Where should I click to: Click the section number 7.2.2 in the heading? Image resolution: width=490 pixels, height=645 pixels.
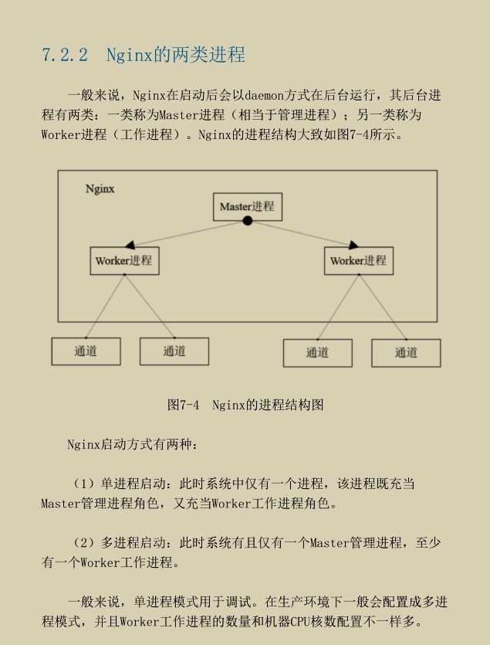coord(65,56)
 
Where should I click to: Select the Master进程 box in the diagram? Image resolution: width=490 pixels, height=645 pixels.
coord(246,206)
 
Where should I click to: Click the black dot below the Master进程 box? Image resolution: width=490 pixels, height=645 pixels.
coord(247,221)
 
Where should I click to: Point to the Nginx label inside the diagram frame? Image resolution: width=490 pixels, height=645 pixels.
coord(100,188)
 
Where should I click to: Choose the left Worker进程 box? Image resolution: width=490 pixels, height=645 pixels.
coord(124,260)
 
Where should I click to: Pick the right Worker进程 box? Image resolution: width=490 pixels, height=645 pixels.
coord(359,260)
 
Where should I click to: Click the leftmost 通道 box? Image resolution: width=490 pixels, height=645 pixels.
coord(86,351)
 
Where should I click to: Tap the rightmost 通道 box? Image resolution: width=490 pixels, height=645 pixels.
coord(406,352)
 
